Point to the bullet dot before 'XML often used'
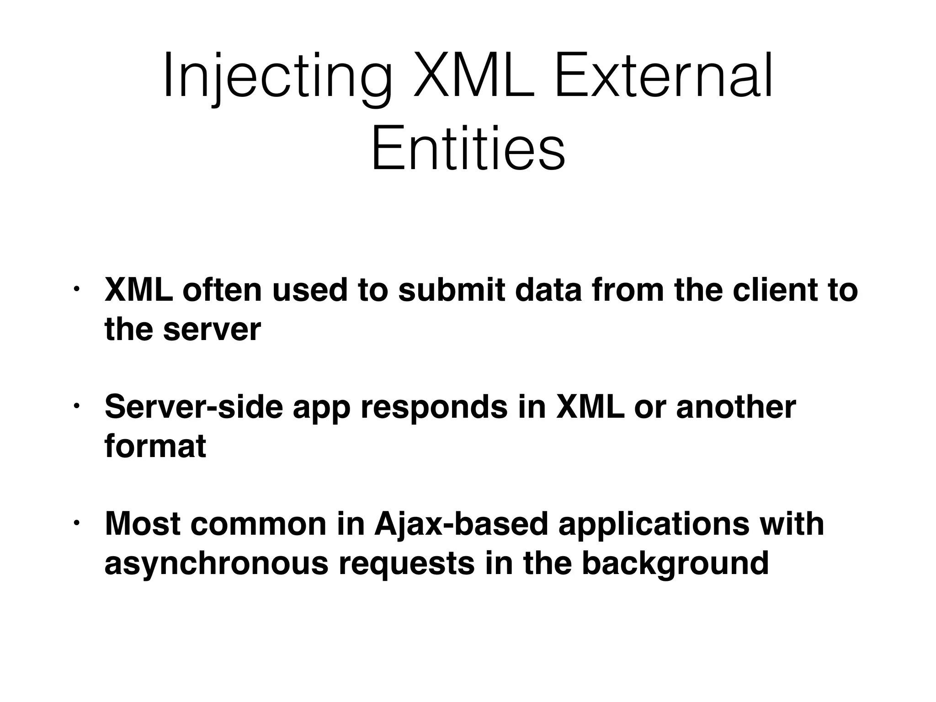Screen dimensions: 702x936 [77, 290]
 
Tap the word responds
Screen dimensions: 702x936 [434, 408]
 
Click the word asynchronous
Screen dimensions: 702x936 [216, 564]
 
